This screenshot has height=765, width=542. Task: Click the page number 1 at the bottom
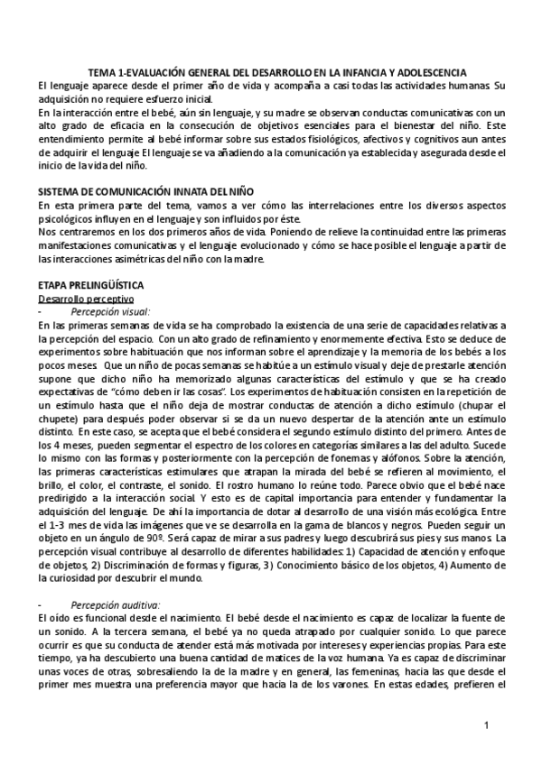[x=486, y=725]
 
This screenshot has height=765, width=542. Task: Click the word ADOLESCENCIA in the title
[x=427, y=71]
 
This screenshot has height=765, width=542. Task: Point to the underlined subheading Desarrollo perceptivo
[x=85, y=298]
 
